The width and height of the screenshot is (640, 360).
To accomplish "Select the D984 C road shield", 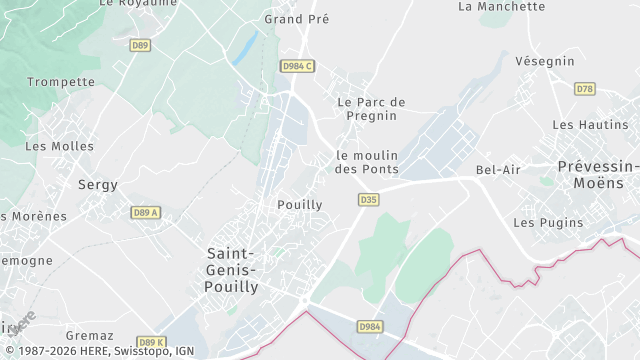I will coord(298,66).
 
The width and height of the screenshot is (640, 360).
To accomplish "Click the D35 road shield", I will coord(368,200).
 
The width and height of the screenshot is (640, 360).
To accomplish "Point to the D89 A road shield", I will coord(146,213).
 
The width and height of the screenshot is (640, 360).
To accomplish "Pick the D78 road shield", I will coord(585,89).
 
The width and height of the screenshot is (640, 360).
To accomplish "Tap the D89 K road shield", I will coord(151,342).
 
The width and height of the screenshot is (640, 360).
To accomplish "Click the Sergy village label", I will coord(98,185).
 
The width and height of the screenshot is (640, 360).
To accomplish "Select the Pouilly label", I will coord(299,205).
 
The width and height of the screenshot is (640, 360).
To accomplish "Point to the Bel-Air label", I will coord(498,170).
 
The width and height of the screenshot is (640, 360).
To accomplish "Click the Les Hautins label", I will coord(590,125).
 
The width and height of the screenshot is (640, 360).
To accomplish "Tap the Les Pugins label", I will coord(547,222).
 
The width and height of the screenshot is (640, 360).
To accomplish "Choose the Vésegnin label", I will coord(545,61).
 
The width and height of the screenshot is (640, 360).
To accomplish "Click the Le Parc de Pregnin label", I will coord(372,109).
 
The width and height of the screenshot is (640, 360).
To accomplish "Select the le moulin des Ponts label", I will coord(367,162).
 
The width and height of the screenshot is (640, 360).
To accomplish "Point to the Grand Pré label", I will coord(297,19).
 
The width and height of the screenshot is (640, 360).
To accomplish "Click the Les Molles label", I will coord(59,146).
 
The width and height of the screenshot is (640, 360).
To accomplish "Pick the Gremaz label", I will coord(90,336).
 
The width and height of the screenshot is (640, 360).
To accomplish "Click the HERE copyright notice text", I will coord(98,351).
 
